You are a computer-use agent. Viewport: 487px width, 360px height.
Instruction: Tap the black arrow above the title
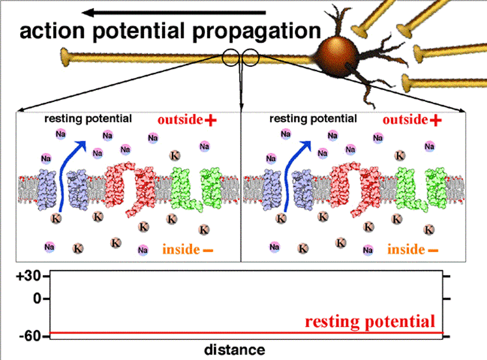coord(173,12)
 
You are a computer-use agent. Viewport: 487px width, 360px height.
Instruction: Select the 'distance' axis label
coord(234,350)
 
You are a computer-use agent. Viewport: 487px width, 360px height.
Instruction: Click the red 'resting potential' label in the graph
coord(370,321)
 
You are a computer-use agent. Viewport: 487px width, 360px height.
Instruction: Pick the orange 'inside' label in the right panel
coord(404,249)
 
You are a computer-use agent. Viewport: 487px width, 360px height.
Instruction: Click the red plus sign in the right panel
coord(435,120)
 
